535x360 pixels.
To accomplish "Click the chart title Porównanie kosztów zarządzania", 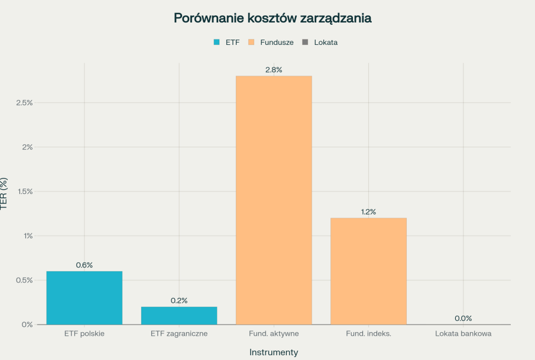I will pos(273,18).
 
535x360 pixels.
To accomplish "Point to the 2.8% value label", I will pos(274,70).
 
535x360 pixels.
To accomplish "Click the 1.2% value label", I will pos(368,212).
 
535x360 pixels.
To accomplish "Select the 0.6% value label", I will pos(85,265).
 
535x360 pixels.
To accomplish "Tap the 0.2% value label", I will pos(179,300).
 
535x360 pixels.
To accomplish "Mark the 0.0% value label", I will pos(463,318).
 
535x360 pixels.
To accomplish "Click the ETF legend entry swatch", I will pos(216,43).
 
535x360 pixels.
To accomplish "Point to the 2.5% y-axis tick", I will pos(24,103).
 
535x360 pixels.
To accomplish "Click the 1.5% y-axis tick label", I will pos(24,192).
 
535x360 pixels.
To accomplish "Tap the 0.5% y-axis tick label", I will pos(24,280).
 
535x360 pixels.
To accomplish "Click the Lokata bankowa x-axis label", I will pos(463,333).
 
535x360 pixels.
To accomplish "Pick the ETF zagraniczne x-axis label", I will pos(179,333).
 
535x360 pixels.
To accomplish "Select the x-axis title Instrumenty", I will pos(274,352).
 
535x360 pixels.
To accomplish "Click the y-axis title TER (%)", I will pos(5,194).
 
